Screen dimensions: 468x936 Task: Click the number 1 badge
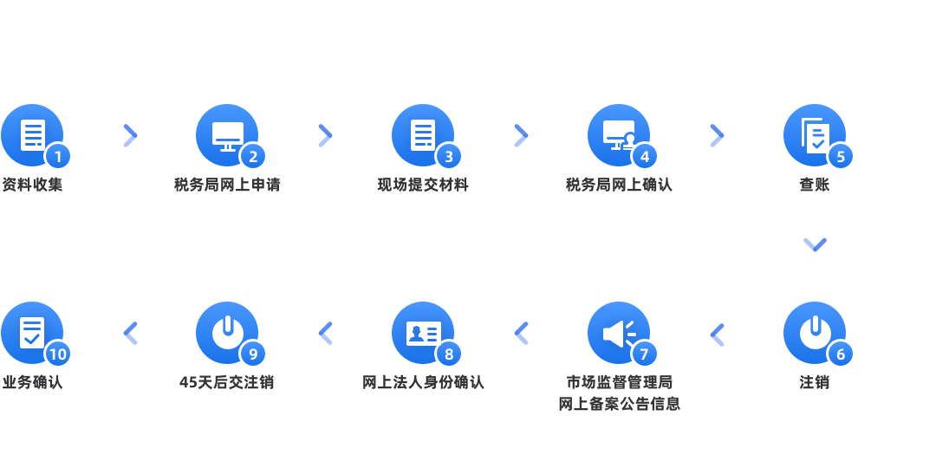point(58,156)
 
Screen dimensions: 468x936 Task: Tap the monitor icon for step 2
point(227,135)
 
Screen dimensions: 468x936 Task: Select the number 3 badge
point(449,156)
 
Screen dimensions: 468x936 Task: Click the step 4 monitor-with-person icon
point(619,135)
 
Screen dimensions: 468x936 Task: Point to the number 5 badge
point(840,156)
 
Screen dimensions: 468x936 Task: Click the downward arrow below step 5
point(815,245)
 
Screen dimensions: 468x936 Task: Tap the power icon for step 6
point(815,332)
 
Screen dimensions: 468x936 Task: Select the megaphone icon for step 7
point(619,333)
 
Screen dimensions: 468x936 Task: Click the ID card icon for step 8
point(423,333)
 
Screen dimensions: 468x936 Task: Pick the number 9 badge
point(253,354)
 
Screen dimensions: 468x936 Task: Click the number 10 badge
point(58,354)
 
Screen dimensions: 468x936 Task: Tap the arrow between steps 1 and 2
point(130,135)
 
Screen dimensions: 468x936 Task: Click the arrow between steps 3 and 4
point(521,135)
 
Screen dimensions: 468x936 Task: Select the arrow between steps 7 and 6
point(717,334)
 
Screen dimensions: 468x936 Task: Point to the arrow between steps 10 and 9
point(130,334)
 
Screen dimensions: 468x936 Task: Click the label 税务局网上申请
point(227,185)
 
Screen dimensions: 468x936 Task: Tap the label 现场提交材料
point(423,185)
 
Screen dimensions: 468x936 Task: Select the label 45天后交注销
point(227,382)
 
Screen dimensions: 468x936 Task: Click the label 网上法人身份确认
point(423,382)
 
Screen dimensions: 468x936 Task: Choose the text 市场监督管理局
point(619,382)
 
